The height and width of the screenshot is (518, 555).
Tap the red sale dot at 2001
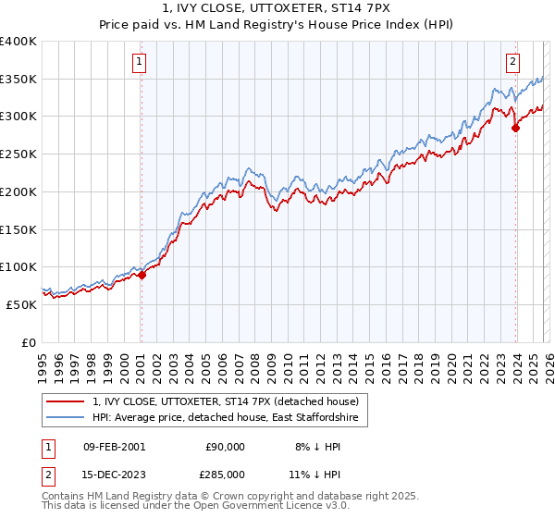142,275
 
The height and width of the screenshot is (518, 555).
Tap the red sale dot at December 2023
515,129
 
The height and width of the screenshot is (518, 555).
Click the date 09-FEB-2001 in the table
115,447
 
